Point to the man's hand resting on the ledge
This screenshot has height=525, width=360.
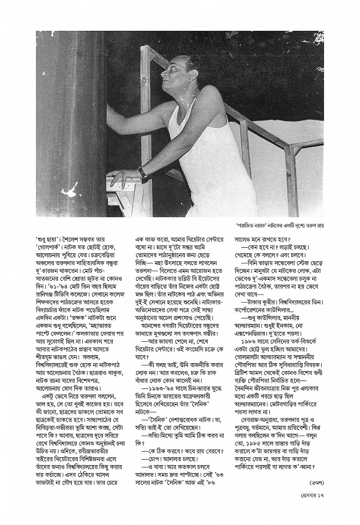(x=122, y=176)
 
